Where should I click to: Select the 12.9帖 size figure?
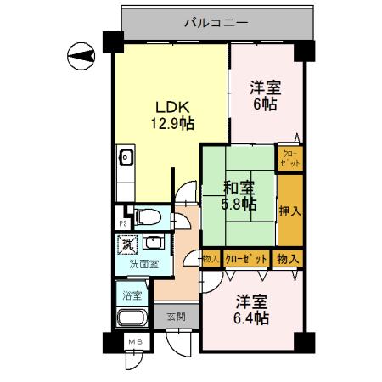172,124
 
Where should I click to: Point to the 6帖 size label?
264,104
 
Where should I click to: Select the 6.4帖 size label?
252,318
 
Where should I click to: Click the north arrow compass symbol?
81,58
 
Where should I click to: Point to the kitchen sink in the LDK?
125,156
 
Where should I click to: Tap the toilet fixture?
148,217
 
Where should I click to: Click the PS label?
123,223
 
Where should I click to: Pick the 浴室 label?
132,296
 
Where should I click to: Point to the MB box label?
134,341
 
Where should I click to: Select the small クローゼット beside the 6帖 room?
289,157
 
